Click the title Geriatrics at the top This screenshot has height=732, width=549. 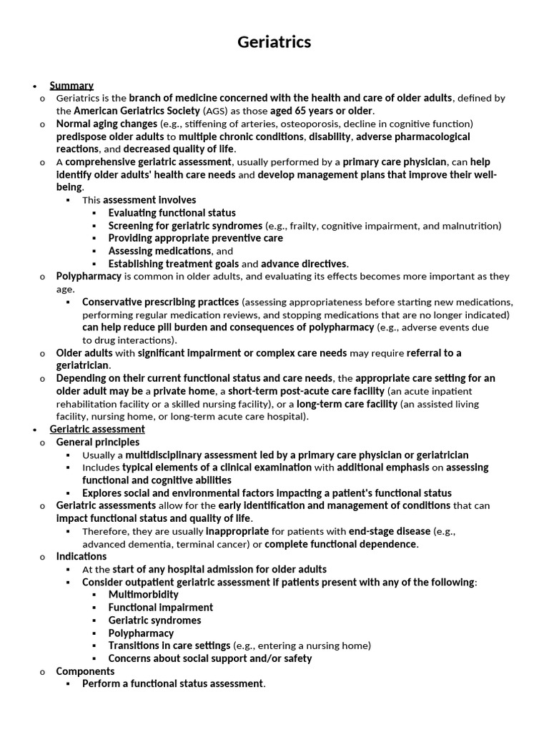coord(274,42)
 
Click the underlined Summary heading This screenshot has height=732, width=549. coord(71,86)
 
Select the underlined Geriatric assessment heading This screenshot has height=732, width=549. coord(97,430)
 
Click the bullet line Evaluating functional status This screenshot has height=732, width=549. coord(172,213)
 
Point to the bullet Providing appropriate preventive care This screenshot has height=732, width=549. coord(195,238)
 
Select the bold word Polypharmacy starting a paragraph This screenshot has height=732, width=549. coord(89,276)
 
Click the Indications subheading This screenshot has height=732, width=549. coord(81,556)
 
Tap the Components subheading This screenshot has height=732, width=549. coord(85,671)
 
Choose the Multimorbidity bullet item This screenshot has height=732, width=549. coord(143,595)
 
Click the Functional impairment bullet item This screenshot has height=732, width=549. coord(161,608)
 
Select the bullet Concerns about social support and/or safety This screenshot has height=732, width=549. coord(210,658)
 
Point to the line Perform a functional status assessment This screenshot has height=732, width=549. coord(174,684)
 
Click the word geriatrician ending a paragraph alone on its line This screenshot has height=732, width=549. coord(83,365)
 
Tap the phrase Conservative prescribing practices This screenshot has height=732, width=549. coord(161,302)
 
